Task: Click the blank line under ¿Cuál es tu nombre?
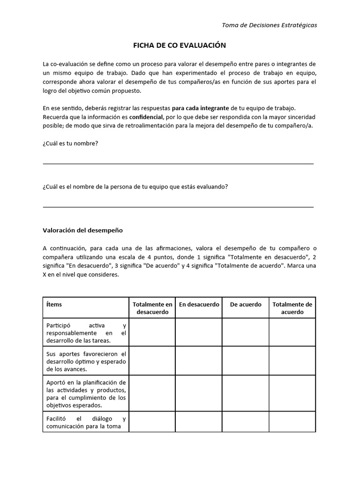click(x=178, y=164)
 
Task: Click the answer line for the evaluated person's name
click(x=178, y=206)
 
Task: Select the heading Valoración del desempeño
click(x=82, y=230)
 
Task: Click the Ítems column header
click(x=54, y=304)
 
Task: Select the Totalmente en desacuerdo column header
click(x=152, y=308)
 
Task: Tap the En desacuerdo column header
click(x=199, y=304)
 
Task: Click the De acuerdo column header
click(x=246, y=304)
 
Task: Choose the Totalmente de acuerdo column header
click(x=292, y=308)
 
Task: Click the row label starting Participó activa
click(x=86, y=332)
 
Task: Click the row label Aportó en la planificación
click(x=86, y=394)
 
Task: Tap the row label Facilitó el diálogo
click(x=86, y=422)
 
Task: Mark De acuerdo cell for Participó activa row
click(x=246, y=332)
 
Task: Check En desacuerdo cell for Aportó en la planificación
click(x=199, y=394)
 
